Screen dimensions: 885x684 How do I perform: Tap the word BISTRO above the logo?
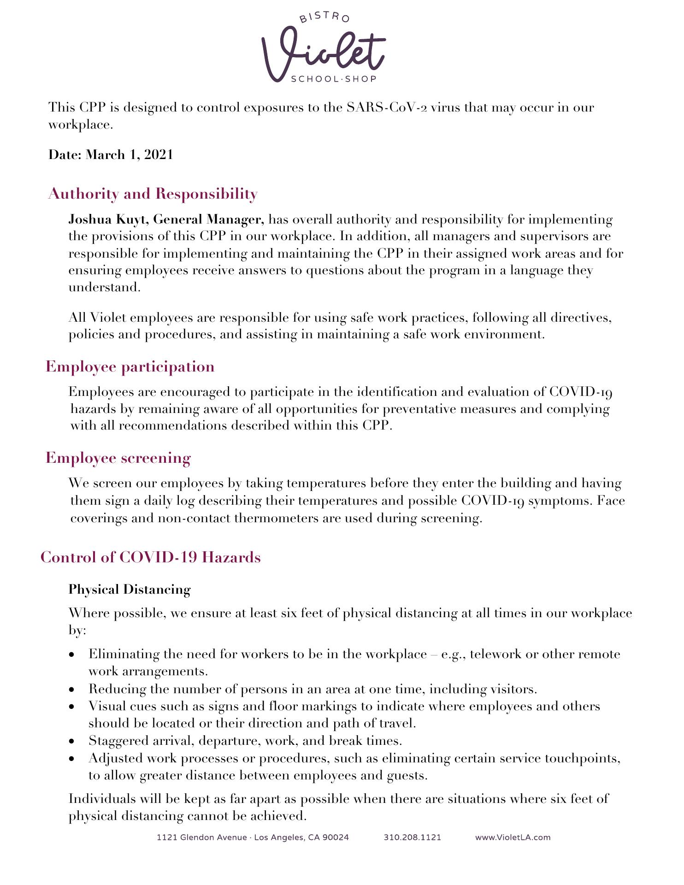click(324, 17)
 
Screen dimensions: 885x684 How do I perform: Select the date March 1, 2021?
click(130, 155)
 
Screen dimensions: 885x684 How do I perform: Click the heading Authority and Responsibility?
click(153, 194)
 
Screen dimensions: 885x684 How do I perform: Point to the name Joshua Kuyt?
click(108, 219)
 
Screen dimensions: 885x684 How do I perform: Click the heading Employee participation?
click(130, 366)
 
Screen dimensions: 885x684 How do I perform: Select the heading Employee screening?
click(118, 458)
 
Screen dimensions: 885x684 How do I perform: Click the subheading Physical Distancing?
click(130, 589)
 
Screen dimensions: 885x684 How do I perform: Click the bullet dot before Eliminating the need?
click(71, 655)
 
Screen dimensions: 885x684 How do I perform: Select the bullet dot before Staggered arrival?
click(71, 741)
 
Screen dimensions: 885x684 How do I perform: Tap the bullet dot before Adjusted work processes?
click(71, 759)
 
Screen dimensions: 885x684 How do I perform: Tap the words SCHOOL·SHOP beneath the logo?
click(334, 79)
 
